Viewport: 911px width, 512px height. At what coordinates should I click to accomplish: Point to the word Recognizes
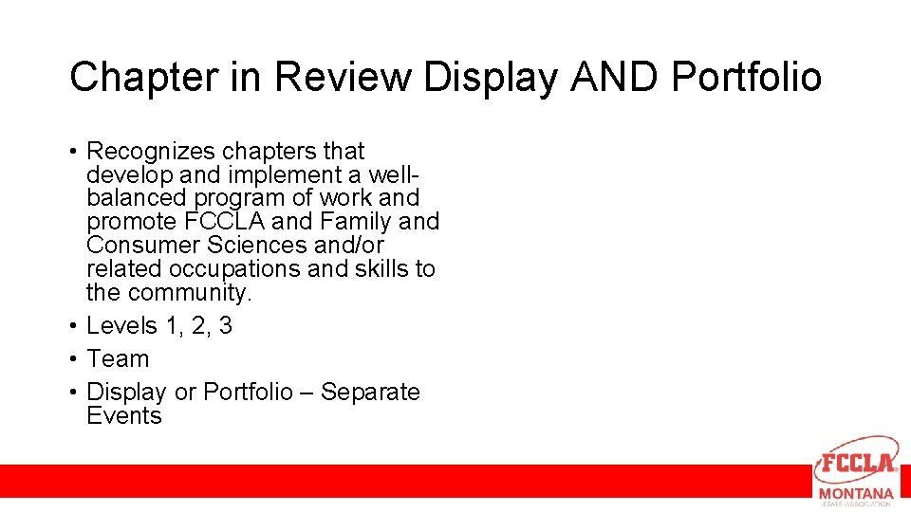[153, 152]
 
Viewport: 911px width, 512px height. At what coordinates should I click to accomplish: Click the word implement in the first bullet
[275, 175]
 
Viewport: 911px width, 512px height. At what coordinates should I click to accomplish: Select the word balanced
[137, 198]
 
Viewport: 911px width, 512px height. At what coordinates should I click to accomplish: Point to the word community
[190, 293]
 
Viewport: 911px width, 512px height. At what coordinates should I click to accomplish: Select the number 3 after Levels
[225, 326]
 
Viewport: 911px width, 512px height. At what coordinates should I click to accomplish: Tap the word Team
[118, 359]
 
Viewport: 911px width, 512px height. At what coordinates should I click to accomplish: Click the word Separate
[370, 393]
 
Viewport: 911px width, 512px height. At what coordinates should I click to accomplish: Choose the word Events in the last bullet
[124, 416]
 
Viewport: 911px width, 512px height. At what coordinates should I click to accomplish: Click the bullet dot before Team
[72, 360]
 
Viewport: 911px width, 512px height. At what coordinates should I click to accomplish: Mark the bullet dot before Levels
[72, 327]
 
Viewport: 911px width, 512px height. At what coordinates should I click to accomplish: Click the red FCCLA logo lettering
[857, 464]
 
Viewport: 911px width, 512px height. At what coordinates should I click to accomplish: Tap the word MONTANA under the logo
[856, 494]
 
